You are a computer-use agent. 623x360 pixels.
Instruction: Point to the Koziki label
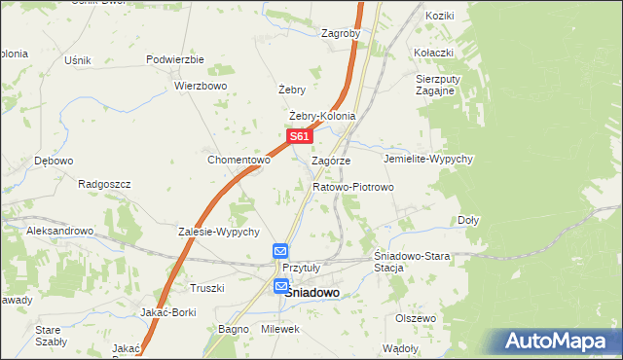click(440, 17)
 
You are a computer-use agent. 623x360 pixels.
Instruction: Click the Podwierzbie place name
click(174, 59)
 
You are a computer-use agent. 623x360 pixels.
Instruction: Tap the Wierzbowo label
click(201, 85)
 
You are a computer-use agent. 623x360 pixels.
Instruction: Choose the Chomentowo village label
click(238, 160)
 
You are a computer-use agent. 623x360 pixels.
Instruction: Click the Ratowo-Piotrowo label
click(352, 186)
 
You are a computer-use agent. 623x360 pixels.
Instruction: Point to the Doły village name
click(468, 220)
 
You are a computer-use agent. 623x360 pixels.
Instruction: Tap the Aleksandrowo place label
click(59, 231)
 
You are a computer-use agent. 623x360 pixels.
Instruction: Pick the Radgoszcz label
click(104, 182)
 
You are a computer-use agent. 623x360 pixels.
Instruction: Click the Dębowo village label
click(54, 161)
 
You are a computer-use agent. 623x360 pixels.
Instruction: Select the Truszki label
click(206, 288)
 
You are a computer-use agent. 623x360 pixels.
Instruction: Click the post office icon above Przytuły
click(280, 251)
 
